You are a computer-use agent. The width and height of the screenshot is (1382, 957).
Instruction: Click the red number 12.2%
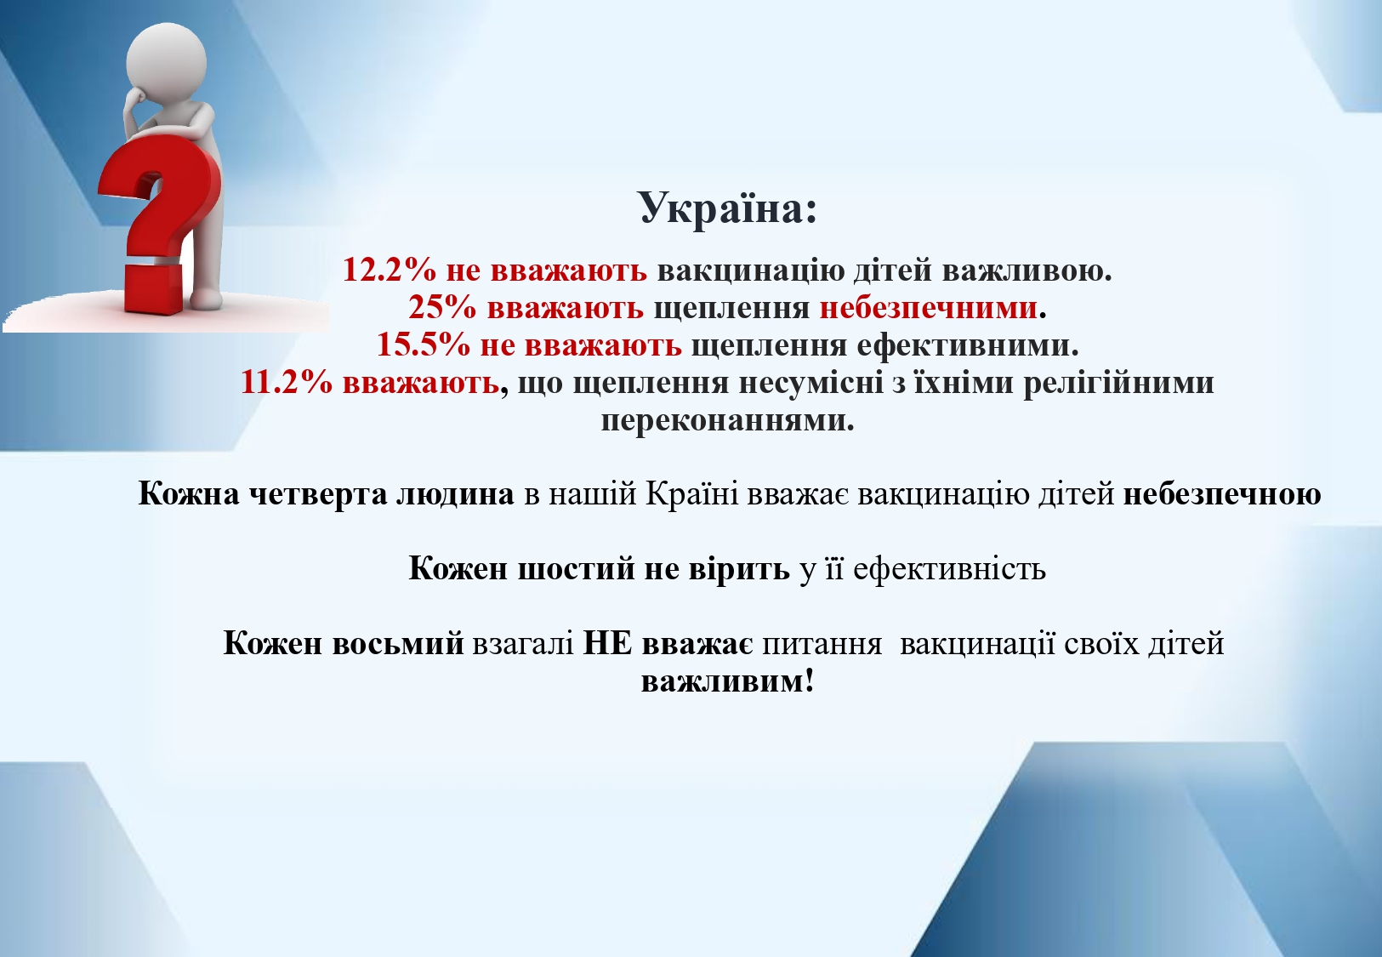390,270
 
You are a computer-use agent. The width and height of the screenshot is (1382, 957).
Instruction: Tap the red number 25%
441,307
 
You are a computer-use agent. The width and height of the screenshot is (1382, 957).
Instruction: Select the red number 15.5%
424,345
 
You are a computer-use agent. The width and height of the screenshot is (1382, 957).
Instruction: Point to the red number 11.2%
287,383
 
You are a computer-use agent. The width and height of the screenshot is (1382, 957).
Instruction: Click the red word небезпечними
928,307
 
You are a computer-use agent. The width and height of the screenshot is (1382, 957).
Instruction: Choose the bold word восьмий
398,644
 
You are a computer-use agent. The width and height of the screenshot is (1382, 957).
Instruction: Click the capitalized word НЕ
608,644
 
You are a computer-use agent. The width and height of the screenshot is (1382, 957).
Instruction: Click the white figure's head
166,60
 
